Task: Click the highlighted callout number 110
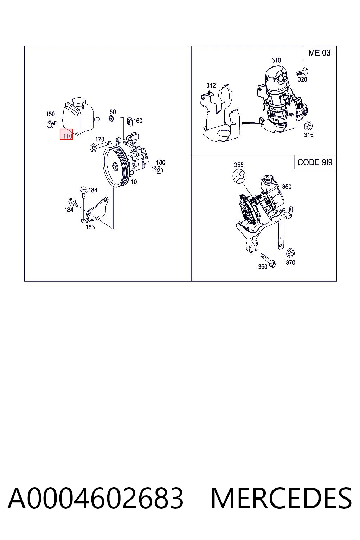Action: click(66, 134)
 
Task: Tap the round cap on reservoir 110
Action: click(79, 102)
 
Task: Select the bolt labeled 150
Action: click(52, 124)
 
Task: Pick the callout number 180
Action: click(161, 162)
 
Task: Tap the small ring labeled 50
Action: click(111, 118)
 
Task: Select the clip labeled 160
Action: click(130, 121)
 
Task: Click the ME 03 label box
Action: click(320, 53)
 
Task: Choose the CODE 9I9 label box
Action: click(315, 162)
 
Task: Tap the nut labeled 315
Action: click(309, 126)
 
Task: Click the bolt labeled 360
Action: click(268, 260)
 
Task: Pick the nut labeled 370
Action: click(290, 253)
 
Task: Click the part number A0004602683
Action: click(96, 499)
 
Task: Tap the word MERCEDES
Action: click(281, 499)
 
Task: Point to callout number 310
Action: click(276, 60)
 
